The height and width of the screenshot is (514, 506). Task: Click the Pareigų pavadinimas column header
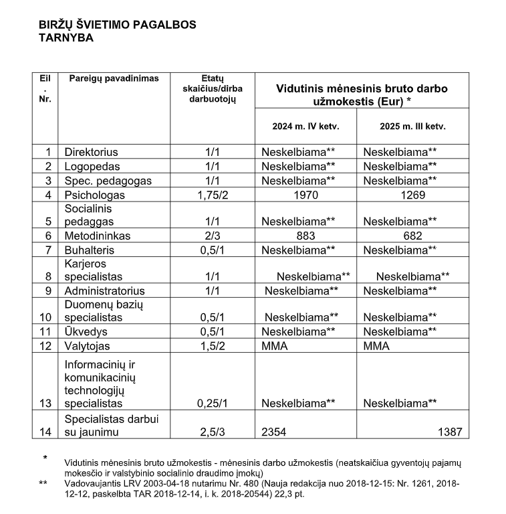pos(114,79)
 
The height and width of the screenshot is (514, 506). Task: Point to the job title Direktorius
pos(91,152)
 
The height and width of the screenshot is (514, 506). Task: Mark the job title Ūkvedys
pos(86,331)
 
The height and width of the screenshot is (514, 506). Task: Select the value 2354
pos(273,432)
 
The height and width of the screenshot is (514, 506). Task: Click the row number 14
pos(45,432)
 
